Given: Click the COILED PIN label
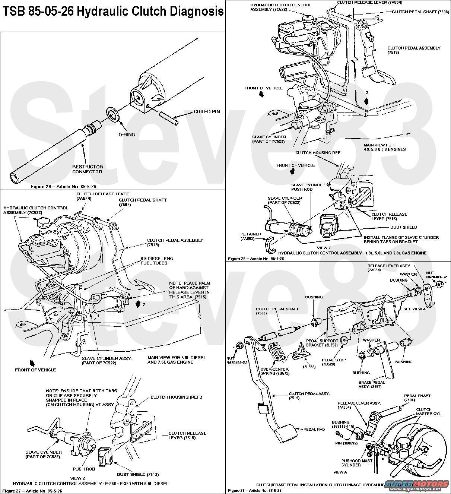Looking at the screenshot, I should coord(207,112).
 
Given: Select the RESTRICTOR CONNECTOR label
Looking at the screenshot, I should coord(88,169).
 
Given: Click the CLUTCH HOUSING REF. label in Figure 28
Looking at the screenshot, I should coord(318,153).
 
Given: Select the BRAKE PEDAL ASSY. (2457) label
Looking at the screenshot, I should coord(371,384).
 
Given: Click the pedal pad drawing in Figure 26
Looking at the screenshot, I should coord(285,434).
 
